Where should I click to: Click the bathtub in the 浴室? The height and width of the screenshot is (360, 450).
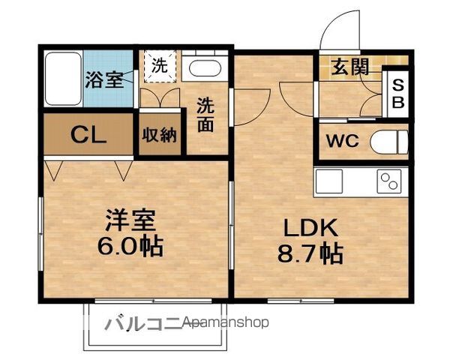tap(63, 79)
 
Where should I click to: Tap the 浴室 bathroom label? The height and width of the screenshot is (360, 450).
tap(105, 79)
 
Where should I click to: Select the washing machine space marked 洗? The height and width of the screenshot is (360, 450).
tap(160, 66)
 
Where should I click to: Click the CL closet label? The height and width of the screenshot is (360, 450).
tap(88, 135)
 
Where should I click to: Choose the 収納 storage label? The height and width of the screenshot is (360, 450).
tap(160, 135)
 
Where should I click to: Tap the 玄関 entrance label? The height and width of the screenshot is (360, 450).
tap(349, 67)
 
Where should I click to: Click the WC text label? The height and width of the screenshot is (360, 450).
tap(343, 141)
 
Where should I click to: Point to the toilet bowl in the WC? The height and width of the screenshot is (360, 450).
tap(389, 142)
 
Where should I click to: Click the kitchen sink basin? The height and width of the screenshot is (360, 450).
tap(329, 181)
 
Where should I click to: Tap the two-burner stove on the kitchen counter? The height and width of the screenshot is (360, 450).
tap(388, 181)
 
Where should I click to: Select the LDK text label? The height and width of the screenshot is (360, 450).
tap(310, 228)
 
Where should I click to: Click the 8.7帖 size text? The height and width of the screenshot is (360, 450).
tap(310, 253)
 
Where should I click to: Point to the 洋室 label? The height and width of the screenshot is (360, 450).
tap(130, 220)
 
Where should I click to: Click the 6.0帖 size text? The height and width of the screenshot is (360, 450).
tap(130, 246)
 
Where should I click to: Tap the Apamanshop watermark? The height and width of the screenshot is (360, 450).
tap(226, 322)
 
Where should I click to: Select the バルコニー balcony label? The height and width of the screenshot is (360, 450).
tap(143, 323)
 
